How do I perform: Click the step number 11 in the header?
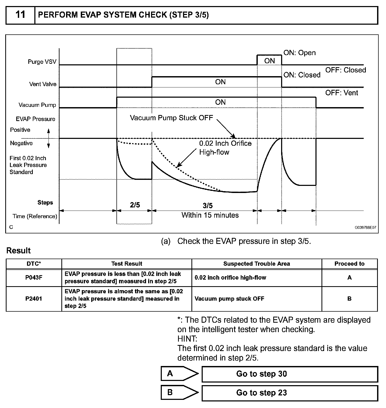pyautogui.click(x=20, y=15)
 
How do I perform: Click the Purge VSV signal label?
pyautogui.click(x=42, y=62)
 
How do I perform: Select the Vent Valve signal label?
pyautogui.click(x=43, y=84)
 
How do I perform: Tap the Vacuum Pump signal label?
pyautogui.click(x=37, y=105)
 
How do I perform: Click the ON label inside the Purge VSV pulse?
pyautogui.click(x=269, y=61)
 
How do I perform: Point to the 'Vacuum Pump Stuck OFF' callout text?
pyautogui.click(x=171, y=118)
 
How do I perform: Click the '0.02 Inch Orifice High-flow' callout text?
pyautogui.click(x=225, y=148)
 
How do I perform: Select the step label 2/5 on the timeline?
pyautogui.click(x=135, y=205)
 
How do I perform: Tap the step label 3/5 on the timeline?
pyautogui.click(x=207, y=205)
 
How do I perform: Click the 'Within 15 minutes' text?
pyautogui.click(x=210, y=215)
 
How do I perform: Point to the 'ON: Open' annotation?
pyautogui.click(x=299, y=53)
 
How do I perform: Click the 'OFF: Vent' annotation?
pyautogui.click(x=341, y=93)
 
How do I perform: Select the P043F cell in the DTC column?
pyautogui.click(x=34, y=278)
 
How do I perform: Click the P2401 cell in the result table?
pyautogui.click(x=34, y=299)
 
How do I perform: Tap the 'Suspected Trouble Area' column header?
pyautogui.click(x=256, y=264)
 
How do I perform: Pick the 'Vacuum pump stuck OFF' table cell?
pyautogui.click(x=229, y=299)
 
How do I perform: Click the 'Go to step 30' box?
pyautogui.click(x=290, y=374)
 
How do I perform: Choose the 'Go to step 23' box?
pyautogui.click(x=290, y=393)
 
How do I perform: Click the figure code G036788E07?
pyautogui.click(x=365, y=228)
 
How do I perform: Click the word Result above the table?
pyautogui.click(x=19, y=251)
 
